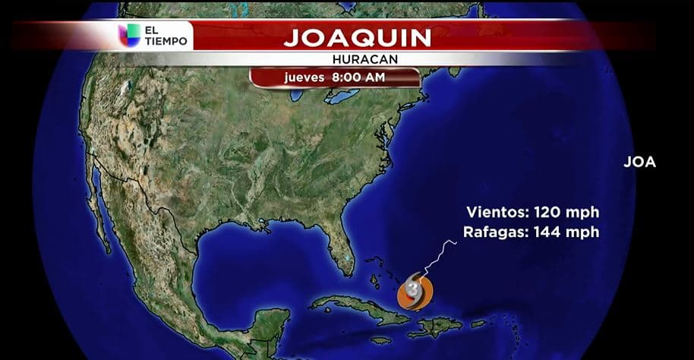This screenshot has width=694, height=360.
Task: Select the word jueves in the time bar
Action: click(304, 77)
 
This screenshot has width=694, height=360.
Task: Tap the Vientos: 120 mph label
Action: click(532, 212)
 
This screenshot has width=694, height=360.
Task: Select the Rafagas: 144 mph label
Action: click(532, 232)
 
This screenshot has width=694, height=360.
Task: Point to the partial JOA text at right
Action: click(639, 162)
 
